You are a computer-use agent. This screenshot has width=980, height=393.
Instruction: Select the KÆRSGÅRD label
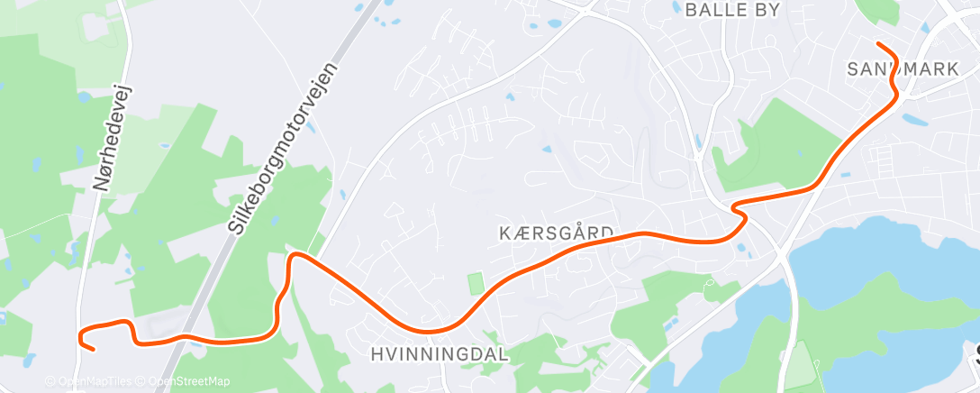[x=556, y=233]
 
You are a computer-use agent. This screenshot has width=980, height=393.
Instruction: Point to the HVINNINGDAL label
[x=439, y=355]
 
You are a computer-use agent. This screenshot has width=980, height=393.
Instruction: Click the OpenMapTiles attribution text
[x=93, y=381]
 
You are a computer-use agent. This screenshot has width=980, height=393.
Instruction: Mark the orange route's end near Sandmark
[x=877, y=44]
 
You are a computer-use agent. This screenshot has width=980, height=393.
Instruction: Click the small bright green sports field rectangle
[x=475, y=283]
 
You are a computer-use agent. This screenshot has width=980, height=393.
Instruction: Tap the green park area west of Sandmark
[x=775, y=144]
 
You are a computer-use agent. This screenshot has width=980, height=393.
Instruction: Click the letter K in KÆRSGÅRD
[x=505, y=233]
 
